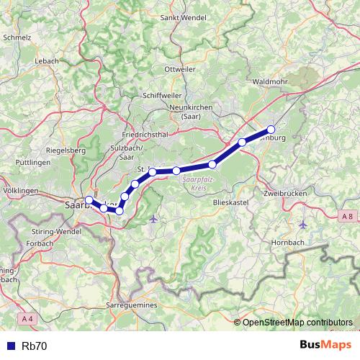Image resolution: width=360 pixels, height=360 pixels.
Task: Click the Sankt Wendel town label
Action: (180, 37)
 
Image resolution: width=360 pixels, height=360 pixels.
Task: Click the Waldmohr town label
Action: (271, 82)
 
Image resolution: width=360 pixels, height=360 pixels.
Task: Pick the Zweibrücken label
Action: (286, 194)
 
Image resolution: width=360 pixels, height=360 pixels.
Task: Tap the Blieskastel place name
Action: (230, 203)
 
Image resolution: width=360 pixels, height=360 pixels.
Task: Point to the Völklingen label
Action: (19, 191)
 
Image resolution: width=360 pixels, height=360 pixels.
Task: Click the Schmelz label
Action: (17, 36)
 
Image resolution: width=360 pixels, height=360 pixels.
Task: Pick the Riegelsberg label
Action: (66, 150)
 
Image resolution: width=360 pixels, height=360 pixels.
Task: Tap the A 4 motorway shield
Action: (27, 318)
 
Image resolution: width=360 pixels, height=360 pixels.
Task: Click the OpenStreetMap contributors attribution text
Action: (297, 323)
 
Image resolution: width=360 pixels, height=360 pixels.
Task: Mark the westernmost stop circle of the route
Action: (89, 200)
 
